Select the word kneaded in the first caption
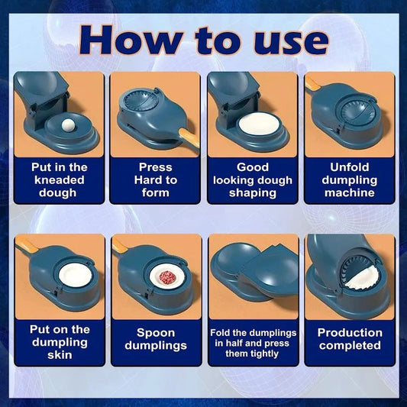click(x=59, y=179)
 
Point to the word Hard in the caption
click(x=142, y=179)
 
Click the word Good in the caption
click(x=253, y=166)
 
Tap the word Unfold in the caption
click(x=350, y=166)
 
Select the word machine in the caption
click(x=350, y=192)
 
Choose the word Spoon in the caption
click(x=156, y=333)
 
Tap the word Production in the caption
click(x=350, y=333)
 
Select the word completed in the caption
click(x=350, y=346)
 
